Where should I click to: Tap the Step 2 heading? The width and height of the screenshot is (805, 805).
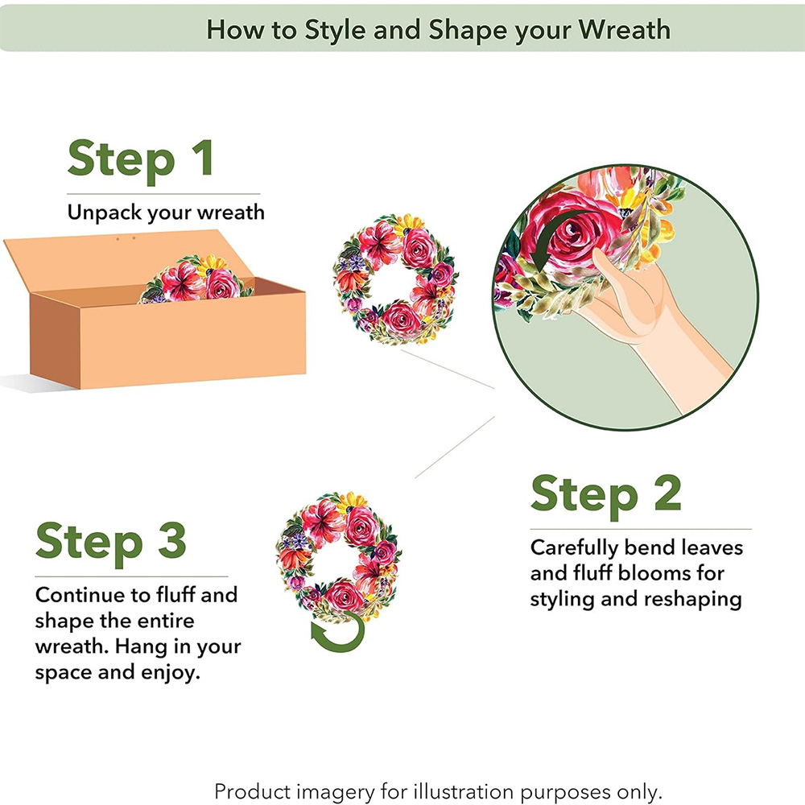(606, 495)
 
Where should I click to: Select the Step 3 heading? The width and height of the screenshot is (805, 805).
(111, 543)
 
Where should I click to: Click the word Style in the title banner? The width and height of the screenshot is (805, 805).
(335, 31)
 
